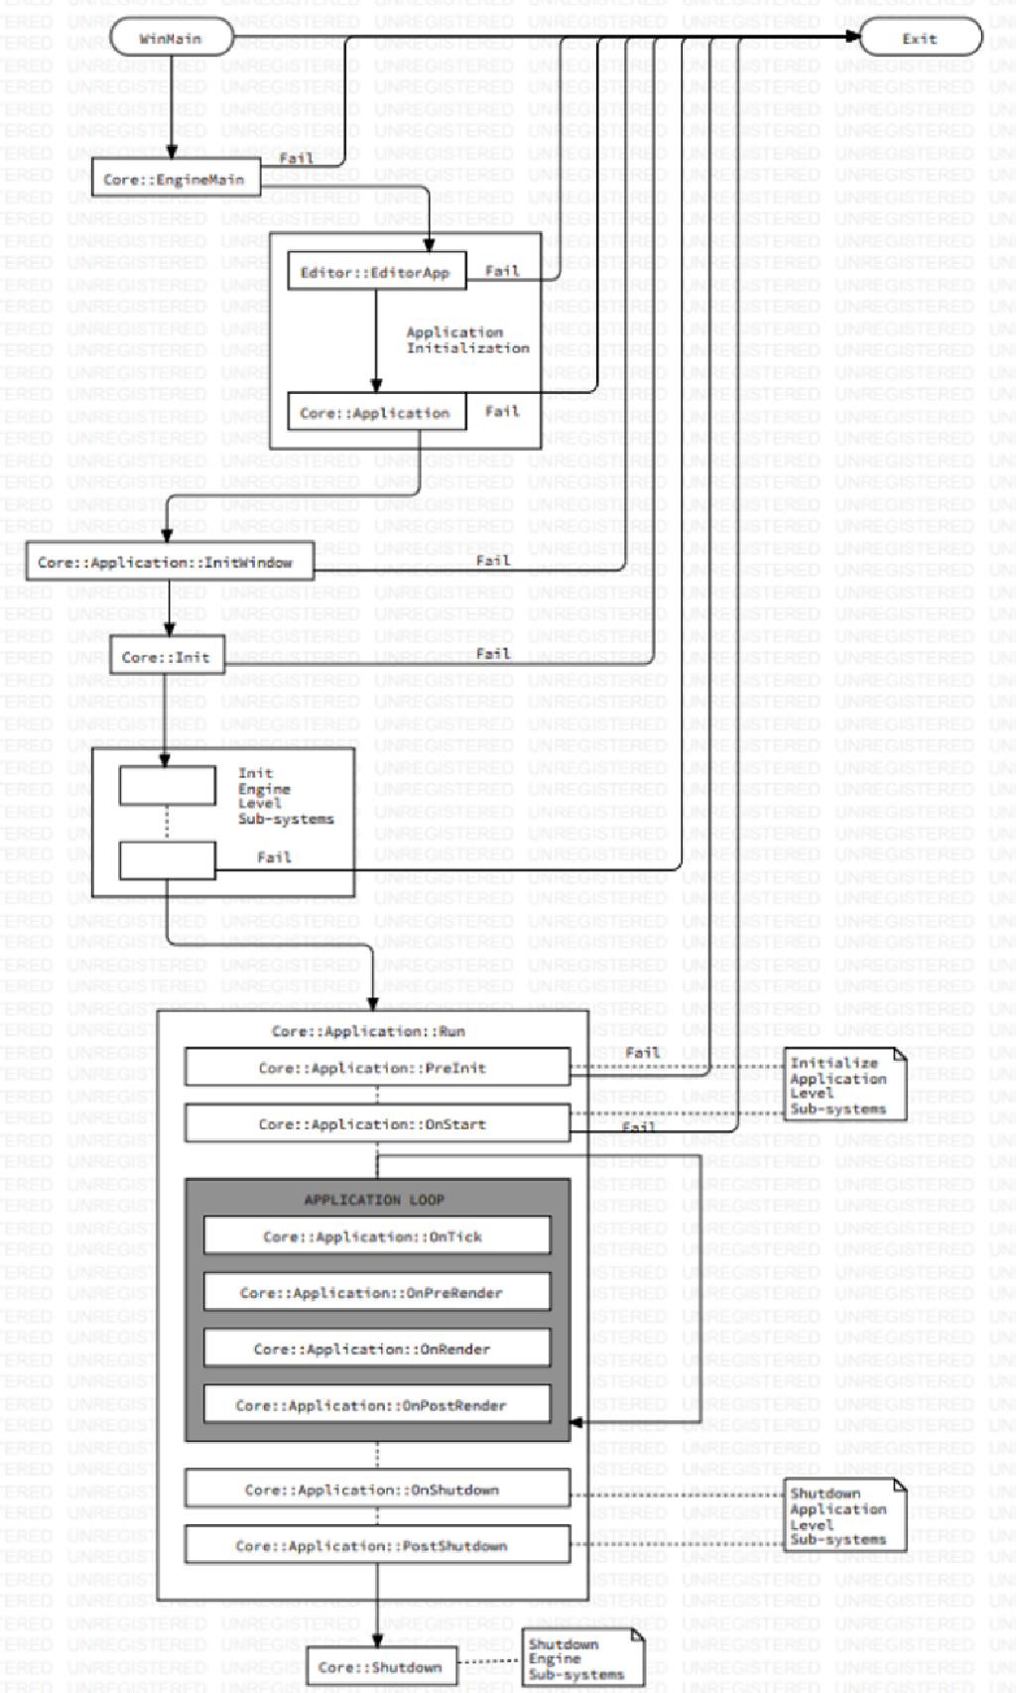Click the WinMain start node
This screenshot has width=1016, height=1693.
click(x=171, y=39)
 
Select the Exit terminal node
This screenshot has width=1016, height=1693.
click(x=920, y=39)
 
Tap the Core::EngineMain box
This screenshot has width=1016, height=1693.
click(x=176, y=179)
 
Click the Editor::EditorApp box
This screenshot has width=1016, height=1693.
click(x=376, y=272)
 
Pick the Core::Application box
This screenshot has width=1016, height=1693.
click(x=376, y=413)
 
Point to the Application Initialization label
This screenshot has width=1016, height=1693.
click(x=466, y=340)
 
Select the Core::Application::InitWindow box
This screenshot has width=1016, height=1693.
click(x=169, y=562)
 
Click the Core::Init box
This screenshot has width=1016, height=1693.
click(x=167, y=656)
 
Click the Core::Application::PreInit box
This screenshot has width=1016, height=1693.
click(x=376, y=1068)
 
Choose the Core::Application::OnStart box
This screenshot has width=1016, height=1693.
click(x=376, y=1123)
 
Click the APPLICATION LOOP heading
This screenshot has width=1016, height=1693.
click(x=374, y=1199)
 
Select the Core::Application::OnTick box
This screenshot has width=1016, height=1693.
click(x=376, y=1237)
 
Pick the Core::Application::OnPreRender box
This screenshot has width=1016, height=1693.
click(x=376, y=1292)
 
